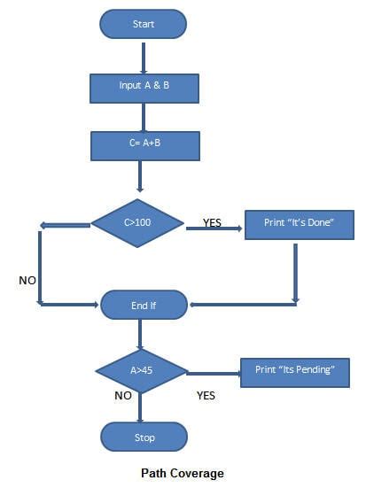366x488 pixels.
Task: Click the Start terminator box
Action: coord(144,24)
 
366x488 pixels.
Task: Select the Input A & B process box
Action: coord(144,88)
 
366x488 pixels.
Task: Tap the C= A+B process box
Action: coord(144,145)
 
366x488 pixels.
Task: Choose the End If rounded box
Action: coord(144,305)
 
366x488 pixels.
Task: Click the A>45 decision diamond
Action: coord(142,369)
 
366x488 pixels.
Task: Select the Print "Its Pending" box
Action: coord(295,369)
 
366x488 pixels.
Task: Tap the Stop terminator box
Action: coord(144,437)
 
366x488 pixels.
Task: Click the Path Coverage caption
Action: coord(183,474)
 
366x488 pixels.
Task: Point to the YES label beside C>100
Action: coord(213,223)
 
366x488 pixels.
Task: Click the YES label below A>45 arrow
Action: coord(206,396)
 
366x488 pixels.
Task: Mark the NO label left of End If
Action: coord(27,280)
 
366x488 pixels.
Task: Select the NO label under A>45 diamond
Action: coord(122,396)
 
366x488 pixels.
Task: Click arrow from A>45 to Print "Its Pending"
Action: coord(213,372)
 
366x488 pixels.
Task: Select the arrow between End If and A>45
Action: coord(140,334)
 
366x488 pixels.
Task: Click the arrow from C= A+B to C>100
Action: coord(140,175)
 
